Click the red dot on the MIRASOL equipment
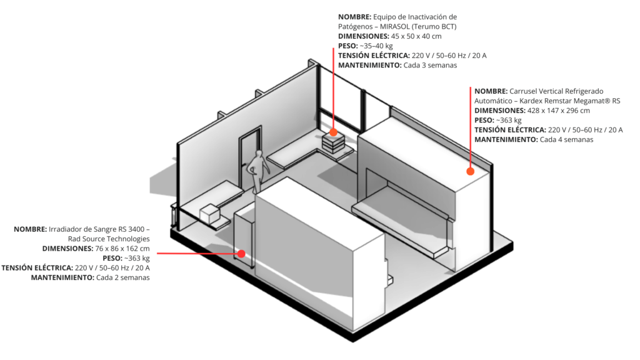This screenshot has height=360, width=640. pyautogui.click(x=334, y=132)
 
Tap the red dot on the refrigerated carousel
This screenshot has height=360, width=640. pyautogui.click(x=470, y=171)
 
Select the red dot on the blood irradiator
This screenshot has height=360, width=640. pyautogui.click(x=241, y=254)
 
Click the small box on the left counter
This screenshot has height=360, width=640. pyautogui.click(x=210, y=214)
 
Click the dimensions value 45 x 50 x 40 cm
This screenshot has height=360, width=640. pyautogui.click(x=416, y=36)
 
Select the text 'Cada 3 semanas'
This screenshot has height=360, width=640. pyautogui.click(x=430, y=65)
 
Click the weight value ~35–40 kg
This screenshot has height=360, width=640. pyautogui.click(x=376, y=46)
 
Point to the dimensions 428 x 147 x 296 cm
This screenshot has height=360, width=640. pyautogui.click(x=559, y=111)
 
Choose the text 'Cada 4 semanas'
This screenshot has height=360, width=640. pyautogui.click(x=566, y=139)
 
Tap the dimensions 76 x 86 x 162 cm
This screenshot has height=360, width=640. pyautogui.click(x=122, y=249)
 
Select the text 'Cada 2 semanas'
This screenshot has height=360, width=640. pyautogui.click(x=123, y=277)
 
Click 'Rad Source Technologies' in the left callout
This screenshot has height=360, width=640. pyautogui.click(x=109, y=239)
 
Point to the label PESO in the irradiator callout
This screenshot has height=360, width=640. pyautogui.click(x=112, y=258)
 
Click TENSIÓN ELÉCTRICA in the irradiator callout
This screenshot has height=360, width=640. pyautogui.click(x=37, y=267)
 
